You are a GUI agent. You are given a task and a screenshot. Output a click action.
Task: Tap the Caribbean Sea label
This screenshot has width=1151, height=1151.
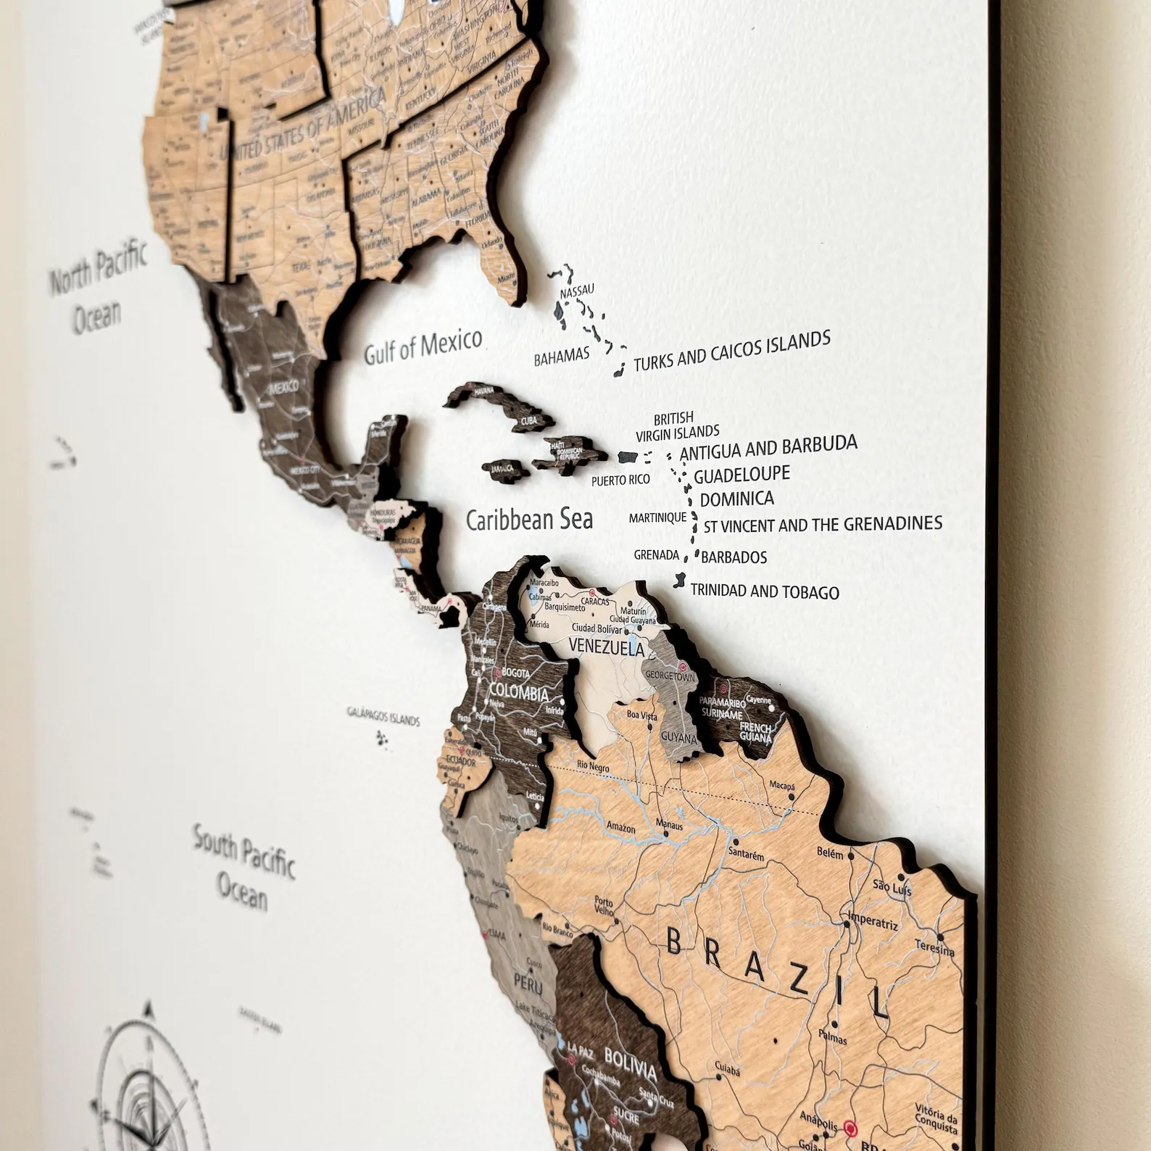coord(528,519)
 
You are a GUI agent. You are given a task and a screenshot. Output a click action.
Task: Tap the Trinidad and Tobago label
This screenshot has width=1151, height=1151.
coord(765,591)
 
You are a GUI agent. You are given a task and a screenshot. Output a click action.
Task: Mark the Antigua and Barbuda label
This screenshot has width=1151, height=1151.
coord(769,447)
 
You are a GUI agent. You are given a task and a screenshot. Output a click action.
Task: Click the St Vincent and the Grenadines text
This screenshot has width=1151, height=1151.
coord(823,524)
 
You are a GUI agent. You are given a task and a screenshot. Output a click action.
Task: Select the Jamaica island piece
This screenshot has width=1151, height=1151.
coord(502,468)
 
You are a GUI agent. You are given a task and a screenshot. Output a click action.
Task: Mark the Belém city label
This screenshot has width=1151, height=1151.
coord(830,853)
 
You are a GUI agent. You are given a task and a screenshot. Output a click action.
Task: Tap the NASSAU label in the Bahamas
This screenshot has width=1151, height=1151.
coord(577,291)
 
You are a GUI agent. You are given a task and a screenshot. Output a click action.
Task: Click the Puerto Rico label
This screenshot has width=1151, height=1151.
coord(620,480)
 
